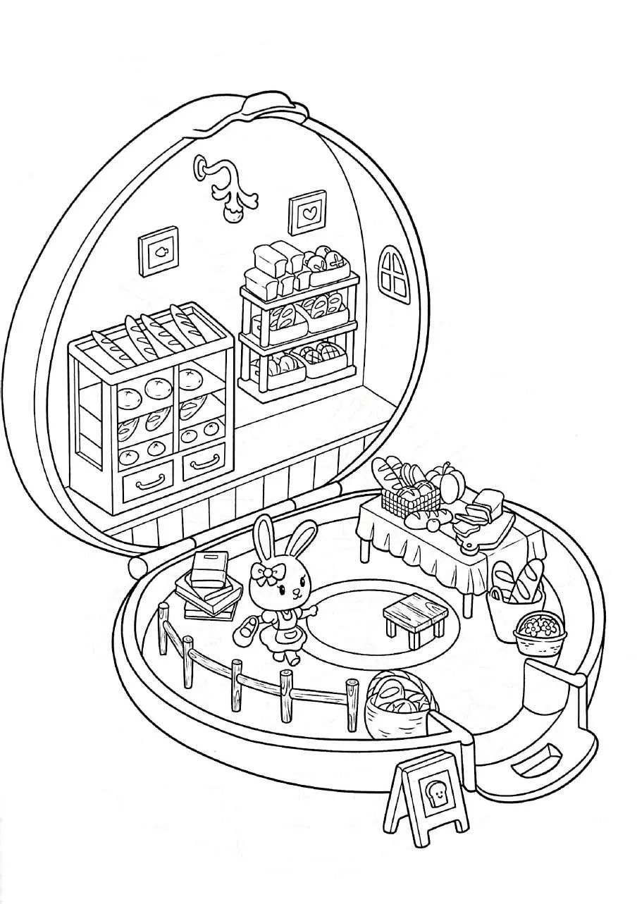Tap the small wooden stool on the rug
click(x=414, y=612)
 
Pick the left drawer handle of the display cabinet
click(x=150, y=483)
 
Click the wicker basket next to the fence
click(x=396, y=707)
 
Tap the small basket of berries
click(x=540, y=631)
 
